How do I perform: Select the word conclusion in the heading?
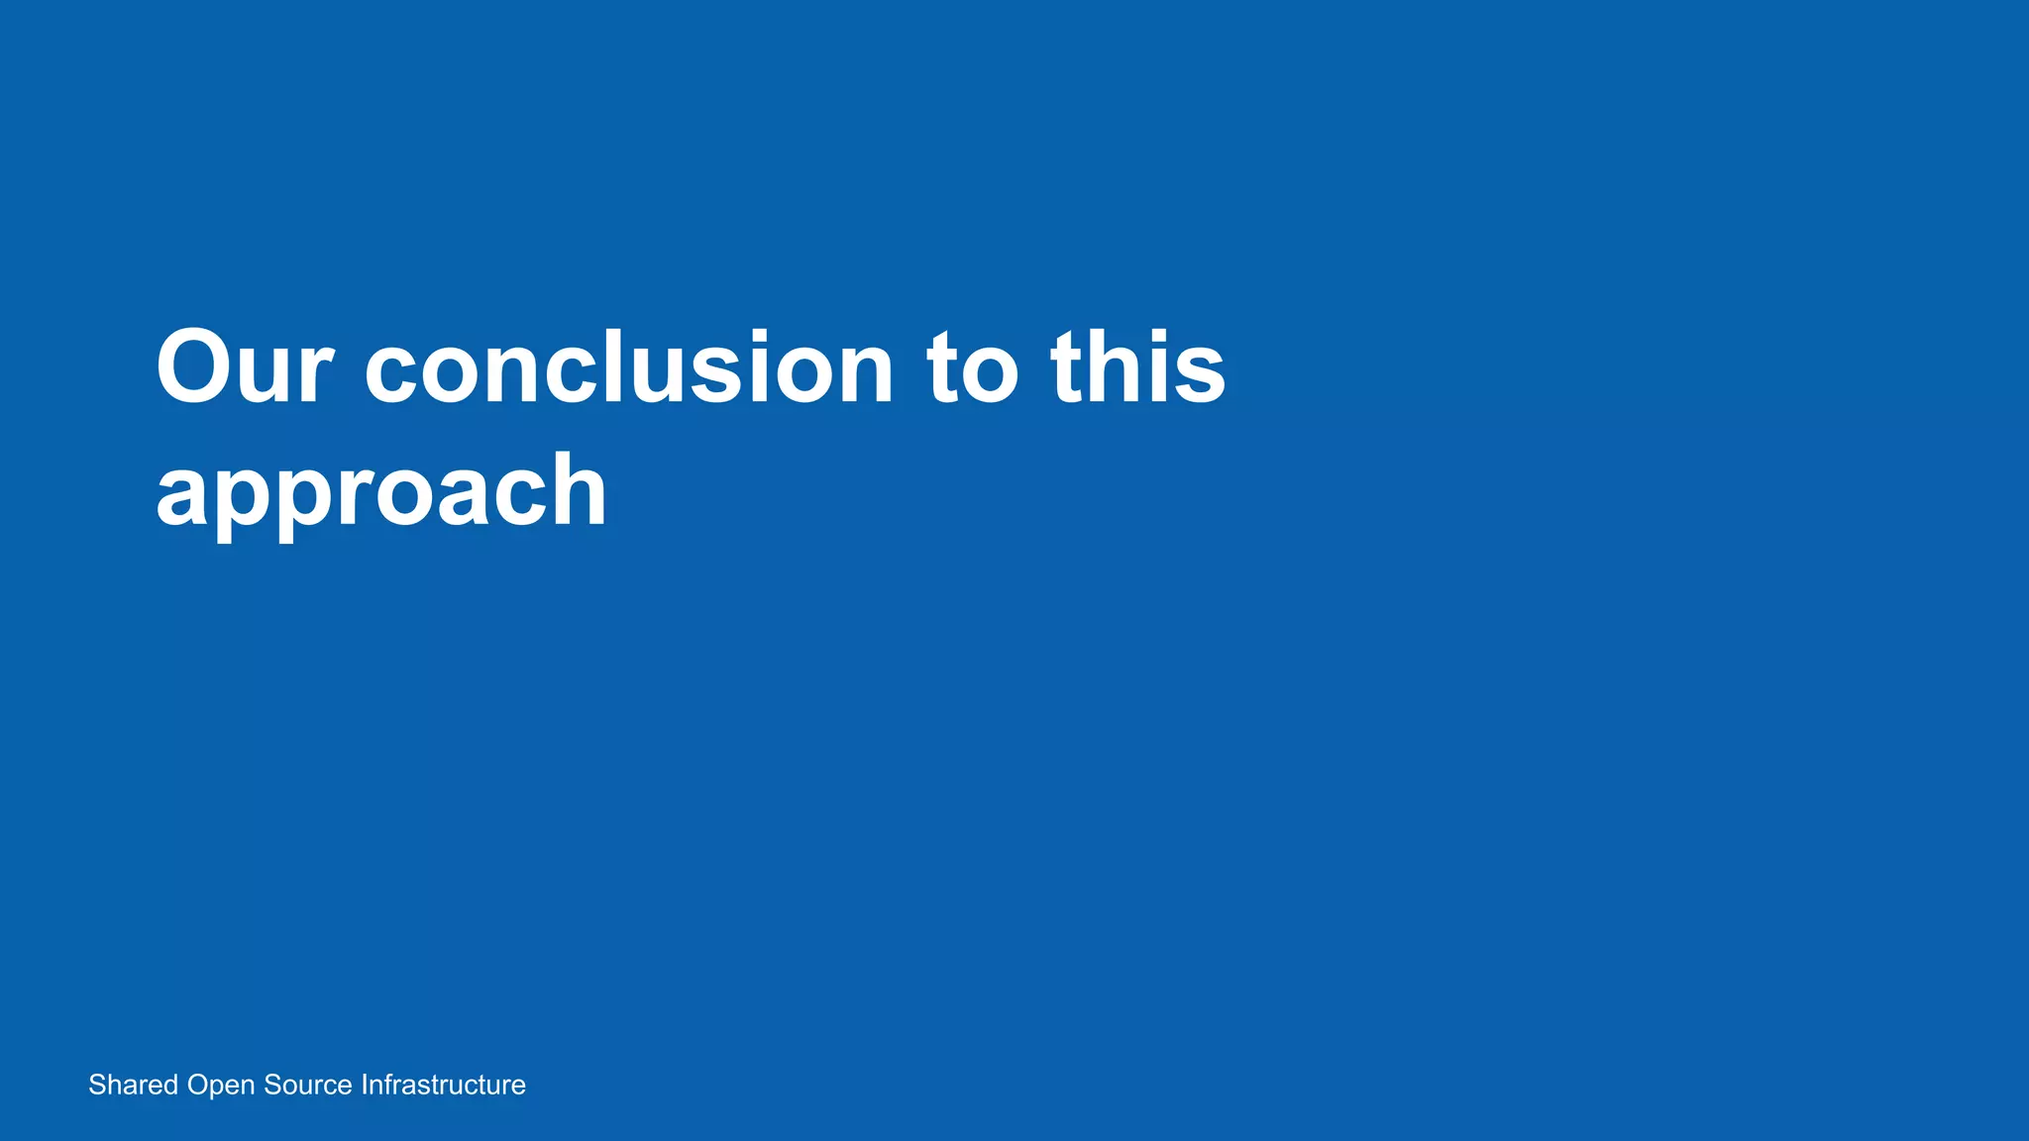[629, 367]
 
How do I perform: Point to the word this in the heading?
[1138, 367]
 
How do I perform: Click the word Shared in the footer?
[133, 1085]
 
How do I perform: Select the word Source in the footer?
[307, 1085]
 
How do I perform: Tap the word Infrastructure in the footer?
[443, 1085]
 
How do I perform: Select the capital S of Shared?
[97, 1085]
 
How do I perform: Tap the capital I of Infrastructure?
[364, 1085]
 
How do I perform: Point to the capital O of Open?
[197, 1085]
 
